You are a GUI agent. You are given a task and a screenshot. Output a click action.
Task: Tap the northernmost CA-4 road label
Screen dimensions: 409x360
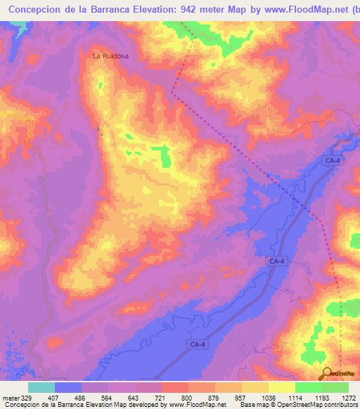click(333, 161)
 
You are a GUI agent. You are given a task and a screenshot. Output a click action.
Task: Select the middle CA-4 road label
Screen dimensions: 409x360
click(276, 261)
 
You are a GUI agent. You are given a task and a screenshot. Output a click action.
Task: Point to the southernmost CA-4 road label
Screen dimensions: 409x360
click(198, 344)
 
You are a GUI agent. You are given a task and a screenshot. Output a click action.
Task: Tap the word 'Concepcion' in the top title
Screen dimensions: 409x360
click(32, 9)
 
